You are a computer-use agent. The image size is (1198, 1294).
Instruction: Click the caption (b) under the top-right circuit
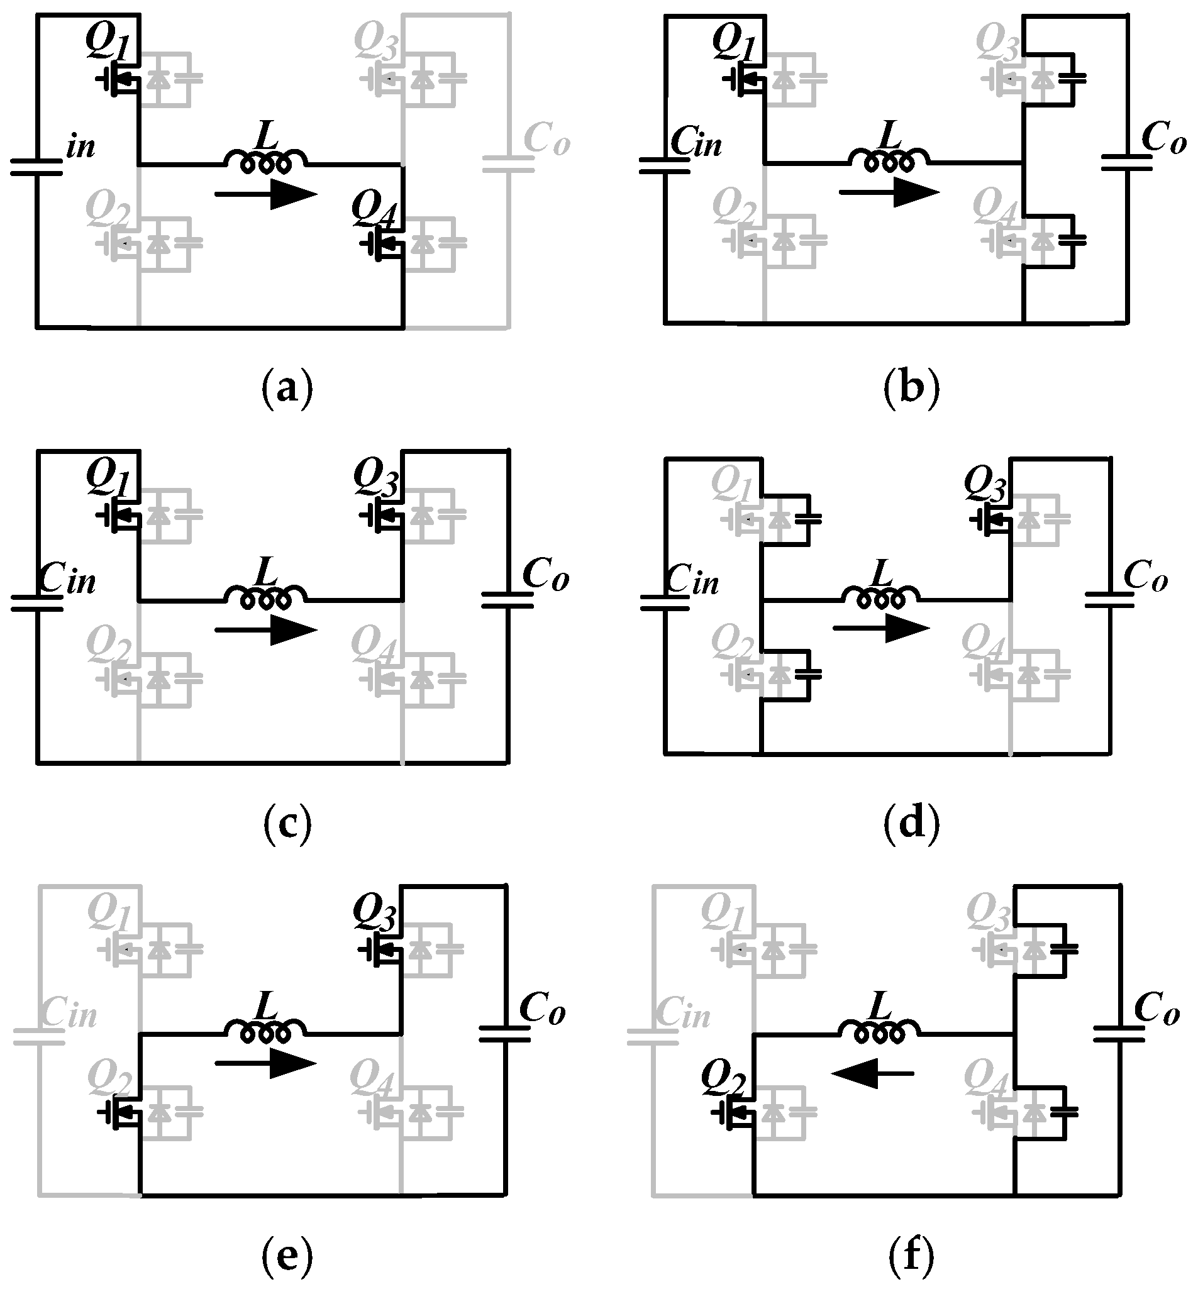[x=911, y=388]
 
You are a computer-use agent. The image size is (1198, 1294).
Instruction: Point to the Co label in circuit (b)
[x=1163, y=138]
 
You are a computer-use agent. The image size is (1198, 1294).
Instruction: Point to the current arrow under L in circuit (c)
[x=266, y=630]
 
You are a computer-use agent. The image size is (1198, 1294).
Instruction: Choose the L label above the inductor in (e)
[x=265, y=1007]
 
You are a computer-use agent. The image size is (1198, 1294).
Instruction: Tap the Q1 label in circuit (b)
[x=735, y=41]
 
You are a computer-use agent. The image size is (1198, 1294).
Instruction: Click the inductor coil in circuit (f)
[x=879, y=1032]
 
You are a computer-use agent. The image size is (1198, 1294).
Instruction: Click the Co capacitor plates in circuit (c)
[x=507, y=600]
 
